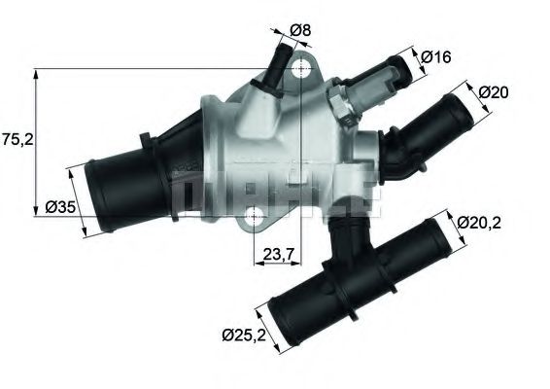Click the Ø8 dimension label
click(x=301, y=31)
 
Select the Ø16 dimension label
click(x=437, y=57)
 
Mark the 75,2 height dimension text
click(x=17, y=139)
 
